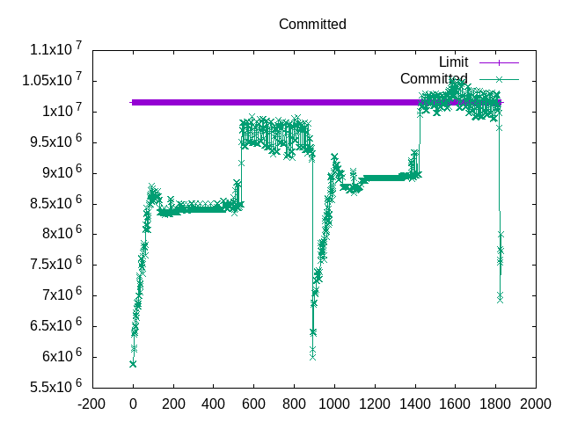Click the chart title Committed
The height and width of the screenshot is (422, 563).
[x=312, y=24]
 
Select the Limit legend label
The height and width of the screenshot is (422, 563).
[x=453, y=62]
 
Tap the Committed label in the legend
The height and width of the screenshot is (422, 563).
[x=434, y=78]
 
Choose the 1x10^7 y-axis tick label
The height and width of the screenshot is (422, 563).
[x=58, y=112]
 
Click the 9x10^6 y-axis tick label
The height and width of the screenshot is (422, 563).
[x=58, y=173]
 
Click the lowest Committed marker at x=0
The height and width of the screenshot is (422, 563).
[x=133, y=363]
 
